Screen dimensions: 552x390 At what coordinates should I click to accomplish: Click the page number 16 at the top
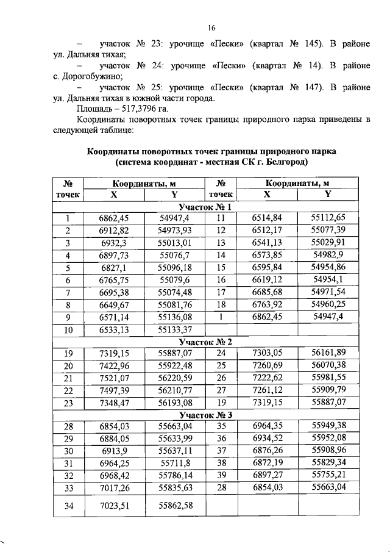click(x=211, y=27)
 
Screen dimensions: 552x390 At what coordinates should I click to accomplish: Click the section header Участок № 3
click(x=211, y=414)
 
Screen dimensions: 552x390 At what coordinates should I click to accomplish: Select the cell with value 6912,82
click(x=114, y=230)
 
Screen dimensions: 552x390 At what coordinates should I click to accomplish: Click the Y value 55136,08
click(x=175, y=317)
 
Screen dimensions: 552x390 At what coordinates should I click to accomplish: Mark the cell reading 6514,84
click(x=267, y=218)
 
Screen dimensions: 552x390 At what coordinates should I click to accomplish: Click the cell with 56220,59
click(x=175, y=378)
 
